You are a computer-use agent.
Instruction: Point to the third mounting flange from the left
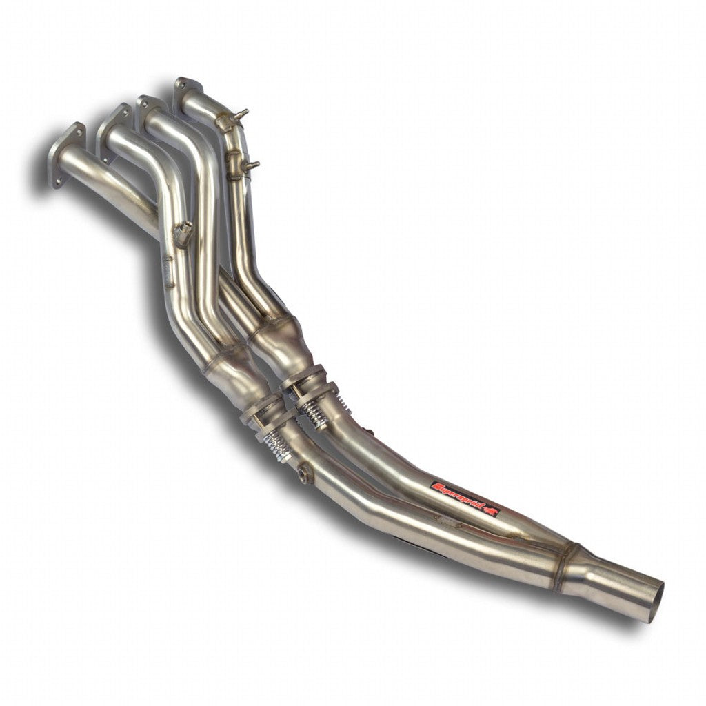[x=150, y=108]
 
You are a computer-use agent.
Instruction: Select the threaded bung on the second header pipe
[x=183, y=233]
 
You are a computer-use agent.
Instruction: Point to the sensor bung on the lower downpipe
[x=303, y=474]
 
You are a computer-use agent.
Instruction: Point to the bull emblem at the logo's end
[x=490, y=511]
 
